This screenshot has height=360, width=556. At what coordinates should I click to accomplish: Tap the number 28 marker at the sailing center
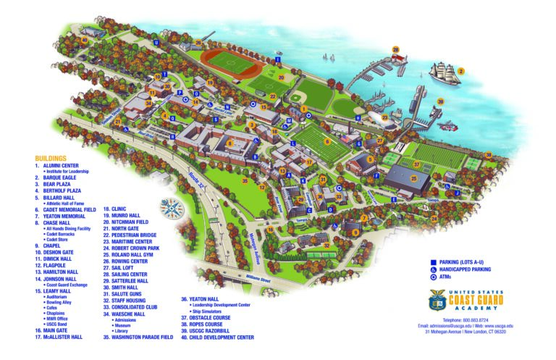(x=396, y=50)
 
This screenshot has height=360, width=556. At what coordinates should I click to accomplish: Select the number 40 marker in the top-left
(x=84, y=41)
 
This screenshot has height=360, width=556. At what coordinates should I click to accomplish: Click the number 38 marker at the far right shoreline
(x=488, y=154)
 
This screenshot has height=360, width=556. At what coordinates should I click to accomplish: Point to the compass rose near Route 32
(x=174, y=207)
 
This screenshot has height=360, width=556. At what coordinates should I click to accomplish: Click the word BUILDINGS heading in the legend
(x=50, y=158)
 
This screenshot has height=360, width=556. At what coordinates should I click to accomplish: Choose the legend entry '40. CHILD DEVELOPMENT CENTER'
(x=217, y=337)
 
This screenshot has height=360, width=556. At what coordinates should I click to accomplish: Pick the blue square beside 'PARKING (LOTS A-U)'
(x=431, y=259)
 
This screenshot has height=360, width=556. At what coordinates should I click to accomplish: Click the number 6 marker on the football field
(x=327, y=141)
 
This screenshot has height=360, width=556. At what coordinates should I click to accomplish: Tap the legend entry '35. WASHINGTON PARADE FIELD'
(x=138, y=337)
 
